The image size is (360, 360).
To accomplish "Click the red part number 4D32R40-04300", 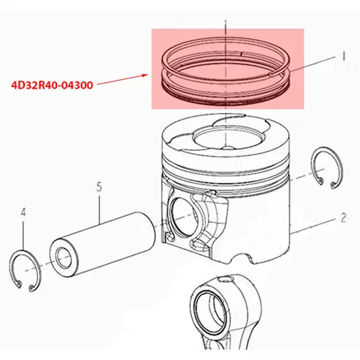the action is [52, 85].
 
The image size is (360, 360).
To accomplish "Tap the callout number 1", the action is [344, 56].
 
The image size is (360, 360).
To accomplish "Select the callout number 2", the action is [344, 218].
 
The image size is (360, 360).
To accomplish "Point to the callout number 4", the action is [23, 212].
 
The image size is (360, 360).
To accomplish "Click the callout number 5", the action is [99, 187].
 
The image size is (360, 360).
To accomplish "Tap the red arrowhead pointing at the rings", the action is [145, 75].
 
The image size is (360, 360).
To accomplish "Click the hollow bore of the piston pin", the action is [63, 258].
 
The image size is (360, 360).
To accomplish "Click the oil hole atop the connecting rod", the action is [226, 280].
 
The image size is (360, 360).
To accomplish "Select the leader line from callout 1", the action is [313, 64].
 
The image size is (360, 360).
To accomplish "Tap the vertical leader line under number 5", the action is [99, 208].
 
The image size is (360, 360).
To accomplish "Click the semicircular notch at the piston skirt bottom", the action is [241, 258].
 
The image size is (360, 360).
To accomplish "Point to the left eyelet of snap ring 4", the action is [20, 284].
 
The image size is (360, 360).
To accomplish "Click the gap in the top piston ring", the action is [242, 54].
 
